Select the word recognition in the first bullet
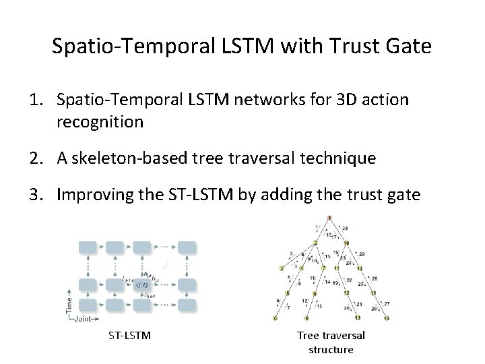100,123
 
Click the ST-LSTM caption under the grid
129,335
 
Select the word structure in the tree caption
331,349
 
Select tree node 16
387,317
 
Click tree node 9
306,317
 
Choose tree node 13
358,317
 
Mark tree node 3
282,268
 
